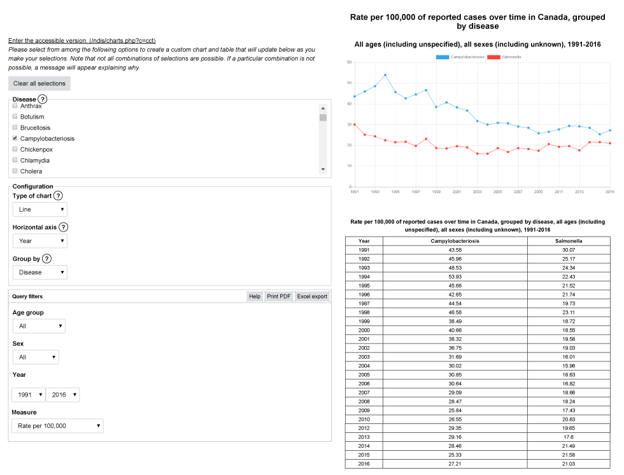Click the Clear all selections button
39,84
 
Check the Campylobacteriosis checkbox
15,138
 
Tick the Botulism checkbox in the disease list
15,117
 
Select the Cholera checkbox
15,171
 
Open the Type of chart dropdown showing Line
39,209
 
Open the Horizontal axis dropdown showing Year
39,241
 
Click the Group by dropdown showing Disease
39,272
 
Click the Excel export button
312,296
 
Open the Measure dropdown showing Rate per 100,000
57,426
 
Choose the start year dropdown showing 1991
29,395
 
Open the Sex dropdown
36,357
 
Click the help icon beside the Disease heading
43,99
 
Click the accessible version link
82,41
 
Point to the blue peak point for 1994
385,75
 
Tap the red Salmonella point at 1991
355,124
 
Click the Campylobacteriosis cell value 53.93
455,277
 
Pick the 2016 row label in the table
364,464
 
